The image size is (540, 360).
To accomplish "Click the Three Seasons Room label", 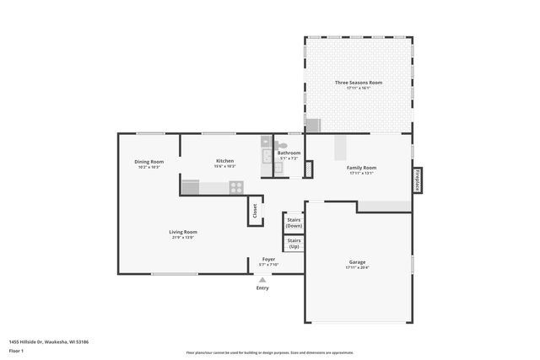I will pos(359,83).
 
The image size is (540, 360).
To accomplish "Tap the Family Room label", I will pos(362,168).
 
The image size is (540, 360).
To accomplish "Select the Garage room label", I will pos(358,262).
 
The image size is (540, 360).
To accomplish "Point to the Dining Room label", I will pos(148,161).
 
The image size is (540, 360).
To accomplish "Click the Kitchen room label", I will pos(224,160).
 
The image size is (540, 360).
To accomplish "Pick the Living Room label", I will pos(183,232).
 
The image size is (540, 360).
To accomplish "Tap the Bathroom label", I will pos(289,153).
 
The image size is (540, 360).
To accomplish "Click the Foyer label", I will pos(268,259).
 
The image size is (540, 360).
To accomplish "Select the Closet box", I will pos(254,212).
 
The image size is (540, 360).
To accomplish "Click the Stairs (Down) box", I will pos(294,223).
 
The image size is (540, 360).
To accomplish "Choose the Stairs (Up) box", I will pos(294,244).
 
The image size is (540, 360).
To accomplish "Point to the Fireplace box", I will pos(417,180).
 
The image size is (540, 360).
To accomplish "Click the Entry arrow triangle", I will pos(262,280).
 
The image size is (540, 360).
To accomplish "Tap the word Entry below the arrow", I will pos(262,288).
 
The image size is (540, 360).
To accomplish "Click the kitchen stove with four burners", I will pos(236,187).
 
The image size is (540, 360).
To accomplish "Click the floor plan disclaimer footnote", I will pos(269,352).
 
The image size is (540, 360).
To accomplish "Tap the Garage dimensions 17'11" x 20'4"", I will pos(358,267).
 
